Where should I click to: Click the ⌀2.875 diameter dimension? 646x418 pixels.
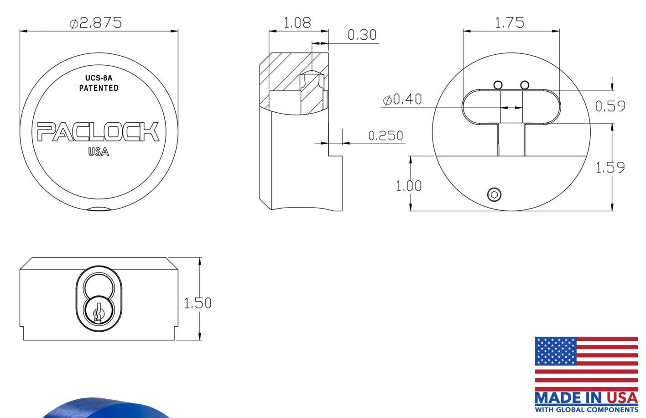click(96, 23)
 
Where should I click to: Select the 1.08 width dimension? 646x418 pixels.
click(297, 22)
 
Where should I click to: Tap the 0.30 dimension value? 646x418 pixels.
click(362, 35)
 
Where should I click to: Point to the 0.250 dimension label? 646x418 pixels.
click(386, 136)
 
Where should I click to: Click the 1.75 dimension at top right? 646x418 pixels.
click(510, 22)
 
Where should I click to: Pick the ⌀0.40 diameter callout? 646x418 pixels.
click(402, 99)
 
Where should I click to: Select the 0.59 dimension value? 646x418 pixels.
click(610, 106)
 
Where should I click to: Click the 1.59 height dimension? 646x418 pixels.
click(610, 167)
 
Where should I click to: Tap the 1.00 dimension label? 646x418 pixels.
click(408, 186)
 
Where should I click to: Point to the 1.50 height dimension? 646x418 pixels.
click(198, 303)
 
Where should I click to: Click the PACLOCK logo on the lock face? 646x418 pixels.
click(98, 132)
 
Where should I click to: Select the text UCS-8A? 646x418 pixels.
click(99, 78)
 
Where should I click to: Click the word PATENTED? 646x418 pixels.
click(99, 88)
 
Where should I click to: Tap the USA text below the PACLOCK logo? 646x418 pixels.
click(99, 152)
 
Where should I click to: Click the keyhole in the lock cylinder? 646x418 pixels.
click(97, 313)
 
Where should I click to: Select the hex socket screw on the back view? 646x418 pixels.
click(494, 195)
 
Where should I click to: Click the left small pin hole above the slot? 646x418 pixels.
click(498, 85)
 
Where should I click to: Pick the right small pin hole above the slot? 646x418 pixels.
click(525, 85)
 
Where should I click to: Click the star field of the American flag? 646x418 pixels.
click(555, 351)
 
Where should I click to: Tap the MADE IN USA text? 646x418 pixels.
click(586, 397)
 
